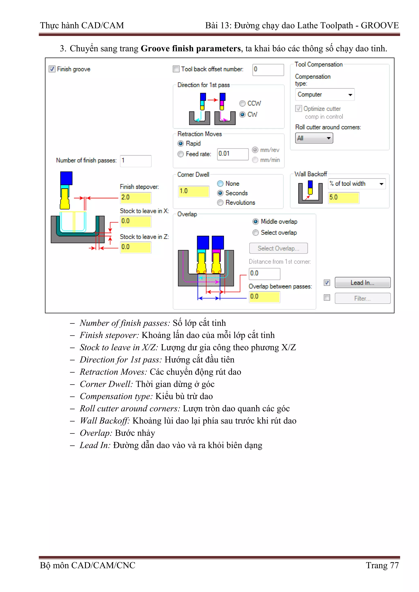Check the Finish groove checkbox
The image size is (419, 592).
pos(52,69)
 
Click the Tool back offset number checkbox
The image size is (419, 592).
pos(176,69)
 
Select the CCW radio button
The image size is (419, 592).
pos(242,103)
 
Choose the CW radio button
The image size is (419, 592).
pos(242,114)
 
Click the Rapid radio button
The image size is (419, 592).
pos(181,143)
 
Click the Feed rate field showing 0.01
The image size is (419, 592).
pos(232,154)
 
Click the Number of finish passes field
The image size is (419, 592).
pos(135,161)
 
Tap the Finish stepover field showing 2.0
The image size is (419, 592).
pos(135,198)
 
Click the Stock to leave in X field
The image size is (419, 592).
pos(135,221)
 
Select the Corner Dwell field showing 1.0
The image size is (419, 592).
pos(193,191)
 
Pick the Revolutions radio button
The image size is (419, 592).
pos(220,203)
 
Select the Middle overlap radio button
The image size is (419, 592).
pos(256,222)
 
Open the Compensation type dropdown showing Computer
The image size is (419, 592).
pos(325,95)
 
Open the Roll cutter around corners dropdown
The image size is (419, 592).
pos(314,138)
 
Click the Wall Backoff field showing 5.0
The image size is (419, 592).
pos(343,198)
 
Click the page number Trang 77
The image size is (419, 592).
pos(382,565)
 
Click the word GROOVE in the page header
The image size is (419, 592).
pos(380,26)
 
